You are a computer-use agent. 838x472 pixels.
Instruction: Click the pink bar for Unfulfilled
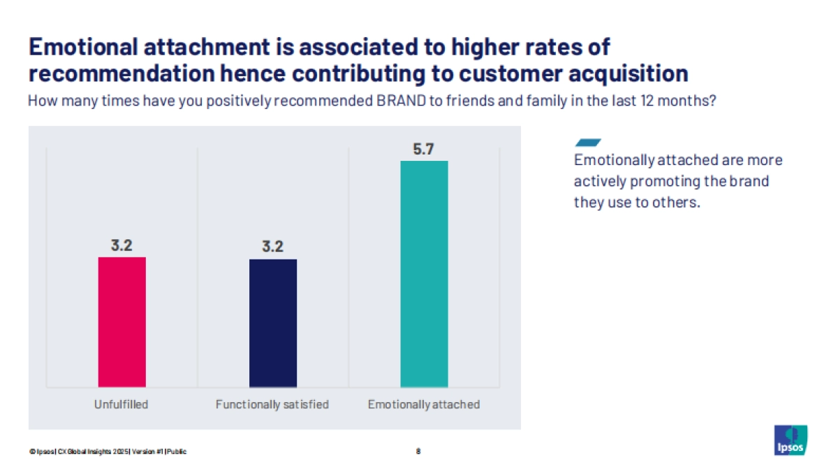coord(122,322)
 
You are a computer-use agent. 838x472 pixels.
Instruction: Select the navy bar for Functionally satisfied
coord(273,323)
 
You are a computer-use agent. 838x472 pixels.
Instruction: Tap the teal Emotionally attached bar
coord(424,273)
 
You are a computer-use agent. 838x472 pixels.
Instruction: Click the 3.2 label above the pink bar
coord(122,245)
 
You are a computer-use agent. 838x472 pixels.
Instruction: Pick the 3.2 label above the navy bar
coord(273,247)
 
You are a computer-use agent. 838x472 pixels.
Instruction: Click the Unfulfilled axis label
coord(122,404)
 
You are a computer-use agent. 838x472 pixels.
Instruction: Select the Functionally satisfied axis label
coord(272,404)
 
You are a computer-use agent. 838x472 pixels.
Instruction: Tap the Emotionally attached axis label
coord(424,404)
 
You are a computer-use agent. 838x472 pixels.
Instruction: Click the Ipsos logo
coord(791,440)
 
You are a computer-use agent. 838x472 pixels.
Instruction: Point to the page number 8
coord(418,451)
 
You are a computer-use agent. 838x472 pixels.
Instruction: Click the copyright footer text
coord(108,451)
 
